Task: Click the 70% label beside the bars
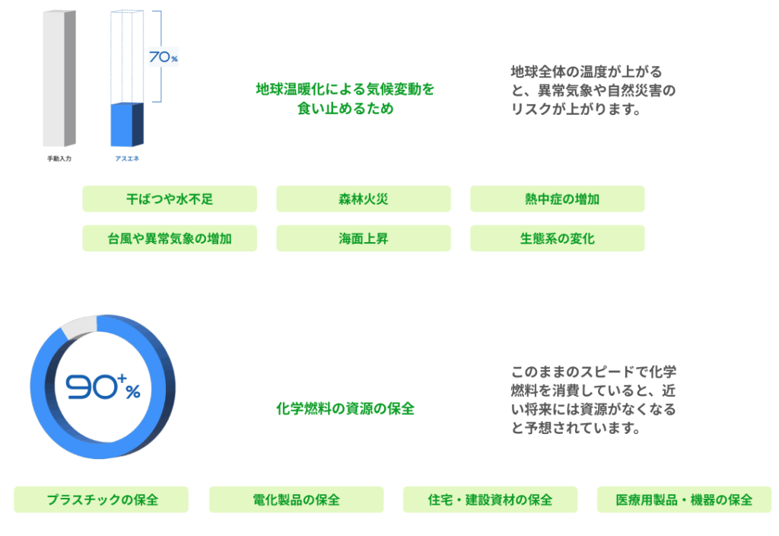tap(164, 56)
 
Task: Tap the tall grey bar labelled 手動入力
tap(59, 78)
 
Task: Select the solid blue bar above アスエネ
tap(127, 124)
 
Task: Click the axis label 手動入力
tap(59, 158)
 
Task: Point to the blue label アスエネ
tap(127, 158)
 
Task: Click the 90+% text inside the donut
tap(103, 387)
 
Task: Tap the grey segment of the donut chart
tap(78, 326)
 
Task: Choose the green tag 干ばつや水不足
tap(170, 199)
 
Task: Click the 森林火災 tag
tap(363, 199)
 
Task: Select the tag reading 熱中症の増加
tap(558, 199)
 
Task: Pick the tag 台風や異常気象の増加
tap(170, 238)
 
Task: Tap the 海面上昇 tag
tap(363, 238)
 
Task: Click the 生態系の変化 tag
tap(558, 238)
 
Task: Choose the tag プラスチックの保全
tap(101, 499)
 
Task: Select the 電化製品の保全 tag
tap(296, 499)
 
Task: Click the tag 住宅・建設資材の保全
tap(490, 499)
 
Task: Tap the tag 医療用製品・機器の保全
tap(684, 499)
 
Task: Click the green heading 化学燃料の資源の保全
tap(345, 409)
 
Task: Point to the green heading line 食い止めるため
tap(345, 108)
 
